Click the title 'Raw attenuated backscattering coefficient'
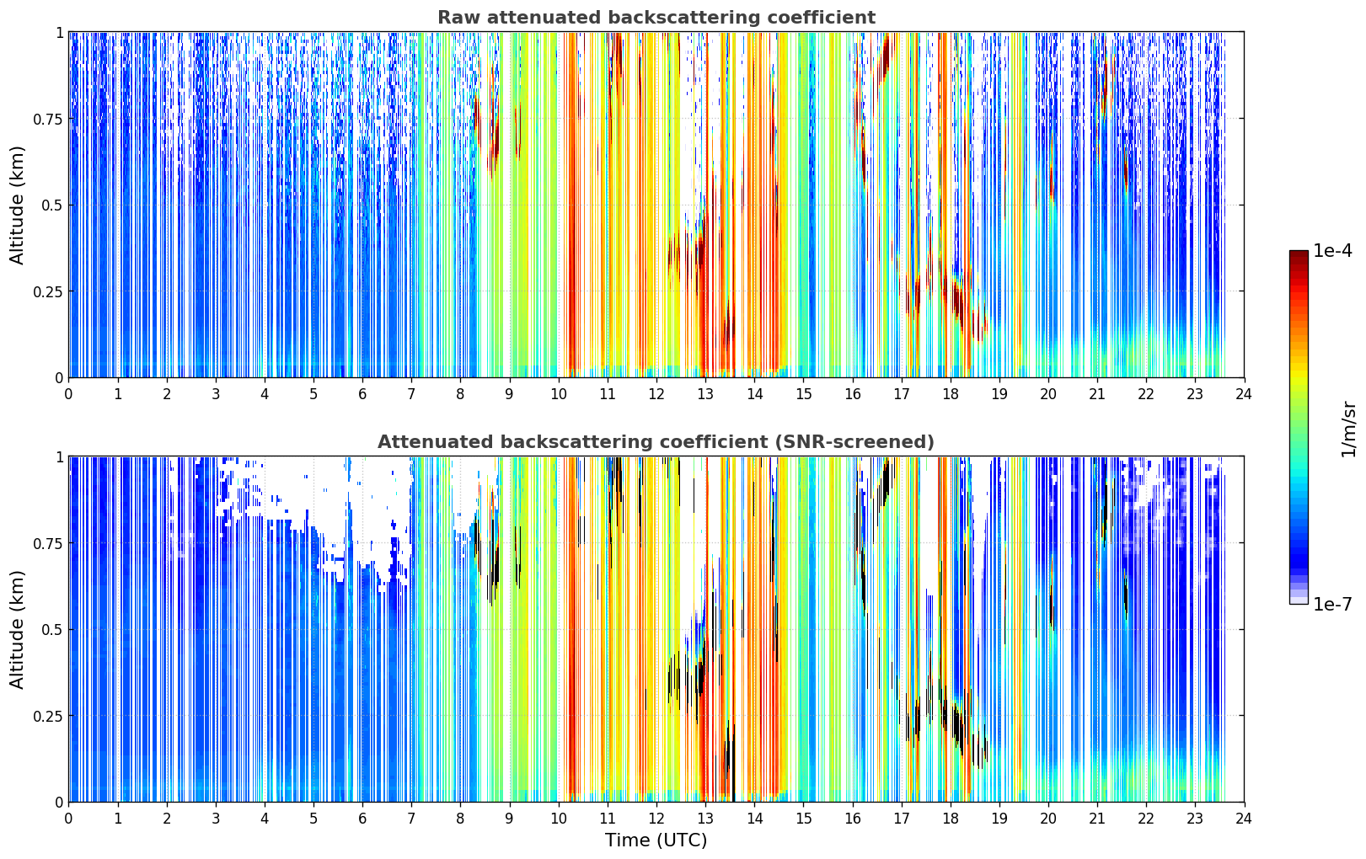click(x=656, y=18)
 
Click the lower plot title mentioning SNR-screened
click(x=656, y=441)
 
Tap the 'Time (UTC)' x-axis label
click(x=656, y=840)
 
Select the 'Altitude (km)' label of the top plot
click(x=17, y=205)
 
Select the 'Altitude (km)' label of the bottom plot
click(x=17, y=630)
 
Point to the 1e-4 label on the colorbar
click(x=1332, y=250)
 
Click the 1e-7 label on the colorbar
click(x=1332, y=605)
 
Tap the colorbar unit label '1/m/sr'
click(x=1349, y=429)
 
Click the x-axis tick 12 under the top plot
click(x=656, y=394)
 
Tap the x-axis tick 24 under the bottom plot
click(x=1244, y=819)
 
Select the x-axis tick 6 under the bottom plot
click(x=362, y=819)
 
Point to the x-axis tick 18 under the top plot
click(x=950, y=394)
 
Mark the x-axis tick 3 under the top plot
click(x=215, y=394)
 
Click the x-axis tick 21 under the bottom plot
click(x=1097, y=819)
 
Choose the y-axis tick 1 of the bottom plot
click(x=60, y=457)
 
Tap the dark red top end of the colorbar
click(x=1299, y=253)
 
